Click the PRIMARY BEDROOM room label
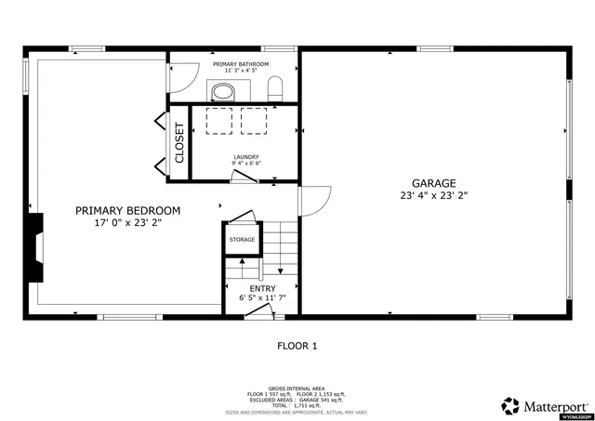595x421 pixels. (x=127, y=211)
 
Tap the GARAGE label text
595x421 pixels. (x=433, y=183)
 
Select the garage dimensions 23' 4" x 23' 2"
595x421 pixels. (x=433, y=196)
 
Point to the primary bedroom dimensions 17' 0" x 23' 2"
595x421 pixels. (x=127, y=223)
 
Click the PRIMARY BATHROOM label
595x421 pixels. (x=241, y=64)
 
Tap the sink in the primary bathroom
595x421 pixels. (x=223, y=91)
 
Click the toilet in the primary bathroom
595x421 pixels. (x=274, y=89)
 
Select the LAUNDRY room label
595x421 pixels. (x=246, y=157)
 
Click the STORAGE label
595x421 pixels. (x=242, y=240)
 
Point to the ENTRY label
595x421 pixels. (x=262, y=288)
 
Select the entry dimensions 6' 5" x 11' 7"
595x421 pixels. (x=262, y=298)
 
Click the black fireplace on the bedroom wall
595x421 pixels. (x=35, y=248)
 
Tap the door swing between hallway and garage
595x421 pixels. (x=315, y=200)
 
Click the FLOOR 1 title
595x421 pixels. (x=297, y=346)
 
